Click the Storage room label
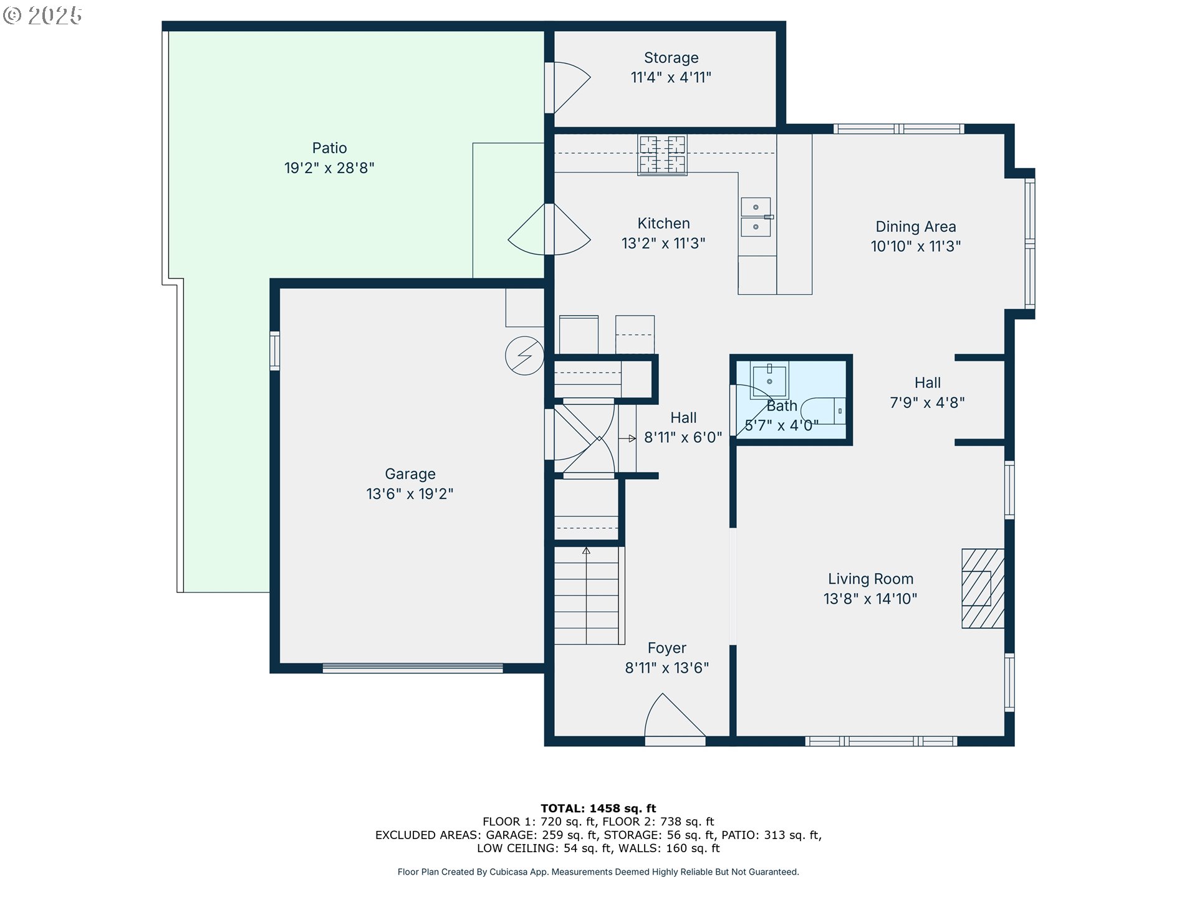[671, 58]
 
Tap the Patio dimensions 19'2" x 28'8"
[329, 168]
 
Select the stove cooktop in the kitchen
[662, 154]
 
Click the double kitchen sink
[756, 217]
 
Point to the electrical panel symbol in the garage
[524, 356]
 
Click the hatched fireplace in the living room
[983, 588]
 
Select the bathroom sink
[769, 379]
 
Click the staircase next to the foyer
[587, 596]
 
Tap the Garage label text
[410, 474]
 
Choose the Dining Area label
[915, 227]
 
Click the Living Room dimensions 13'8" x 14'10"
[870, 599]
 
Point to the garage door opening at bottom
[412, 668]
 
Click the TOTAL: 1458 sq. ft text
[598, 809]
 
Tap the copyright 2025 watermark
[42, 16]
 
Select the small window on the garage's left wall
[274, 351]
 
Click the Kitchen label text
[663, 224]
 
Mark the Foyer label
[666, 648]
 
